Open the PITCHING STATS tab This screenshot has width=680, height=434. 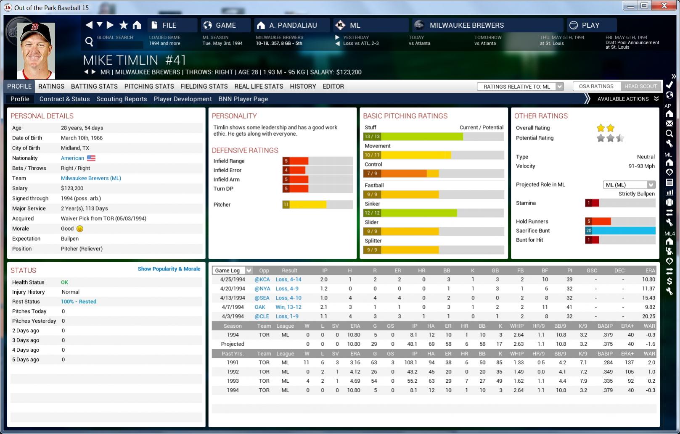149,86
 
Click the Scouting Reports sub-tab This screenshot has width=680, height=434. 122,99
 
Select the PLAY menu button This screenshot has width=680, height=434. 590,25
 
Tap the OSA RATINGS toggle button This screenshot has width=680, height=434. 596,86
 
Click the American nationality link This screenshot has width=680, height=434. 72,158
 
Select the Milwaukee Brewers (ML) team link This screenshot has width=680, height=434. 91,178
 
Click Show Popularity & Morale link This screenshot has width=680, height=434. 169,269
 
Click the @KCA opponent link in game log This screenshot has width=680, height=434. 262,279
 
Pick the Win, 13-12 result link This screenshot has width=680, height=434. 288,307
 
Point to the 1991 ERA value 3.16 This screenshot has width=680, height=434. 355,363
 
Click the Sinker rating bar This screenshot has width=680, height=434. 433,213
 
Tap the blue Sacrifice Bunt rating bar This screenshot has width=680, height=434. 620,231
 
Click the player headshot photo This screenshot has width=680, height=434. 36,50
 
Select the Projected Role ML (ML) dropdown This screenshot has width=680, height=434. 629,185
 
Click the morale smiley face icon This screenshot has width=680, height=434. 80,229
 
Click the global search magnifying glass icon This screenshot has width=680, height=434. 89,41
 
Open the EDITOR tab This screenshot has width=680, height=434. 333,86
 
